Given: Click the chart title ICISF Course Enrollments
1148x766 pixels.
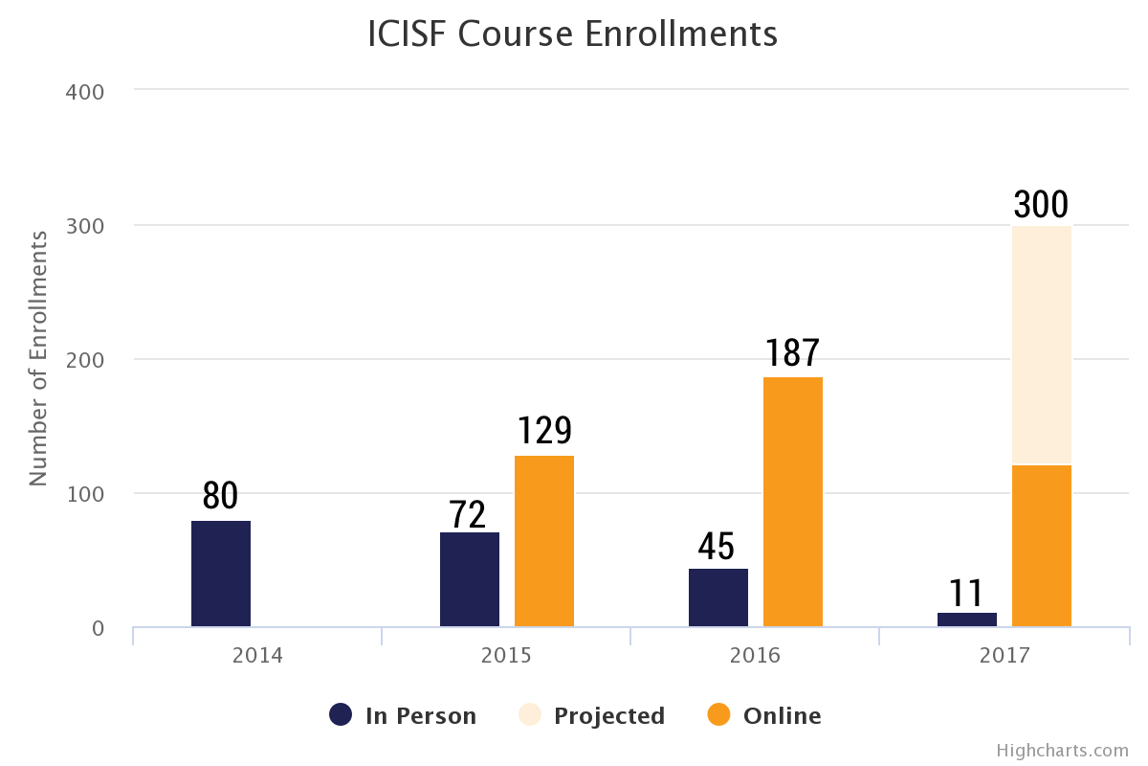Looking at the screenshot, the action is pos(572,34).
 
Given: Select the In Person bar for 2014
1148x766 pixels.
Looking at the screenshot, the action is pos(221,574).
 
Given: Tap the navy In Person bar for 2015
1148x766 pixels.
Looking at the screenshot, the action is pos(470,579).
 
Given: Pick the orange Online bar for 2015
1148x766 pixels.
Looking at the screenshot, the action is pos(544,541).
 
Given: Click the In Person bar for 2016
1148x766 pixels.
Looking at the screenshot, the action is pos(718,597).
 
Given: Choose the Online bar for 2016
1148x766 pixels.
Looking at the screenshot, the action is pos(793,502).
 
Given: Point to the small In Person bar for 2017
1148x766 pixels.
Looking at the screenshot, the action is pos(967,620).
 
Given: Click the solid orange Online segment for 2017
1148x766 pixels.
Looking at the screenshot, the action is pos(1042,546).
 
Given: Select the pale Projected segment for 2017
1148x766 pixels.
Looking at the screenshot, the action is pos(1042,346).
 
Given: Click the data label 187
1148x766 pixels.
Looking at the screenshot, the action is pos(793,352).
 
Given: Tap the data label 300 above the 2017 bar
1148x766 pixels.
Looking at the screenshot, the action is pos(1041,204).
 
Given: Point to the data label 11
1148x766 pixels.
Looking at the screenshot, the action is pos(966,593).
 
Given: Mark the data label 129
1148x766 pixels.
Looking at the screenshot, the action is pos(544,430).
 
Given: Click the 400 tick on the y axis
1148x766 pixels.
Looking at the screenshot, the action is pos(85,92).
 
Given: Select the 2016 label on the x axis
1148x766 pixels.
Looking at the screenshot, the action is pos(755,655).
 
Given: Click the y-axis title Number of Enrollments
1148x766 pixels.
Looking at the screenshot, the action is pos(38,359).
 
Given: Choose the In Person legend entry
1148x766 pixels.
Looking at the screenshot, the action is pos(403,715).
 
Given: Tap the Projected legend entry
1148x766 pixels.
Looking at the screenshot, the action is pos(591,715).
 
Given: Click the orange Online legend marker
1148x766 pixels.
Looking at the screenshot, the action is pos(718,714).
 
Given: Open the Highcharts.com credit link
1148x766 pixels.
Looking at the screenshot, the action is pos(1063,751).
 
